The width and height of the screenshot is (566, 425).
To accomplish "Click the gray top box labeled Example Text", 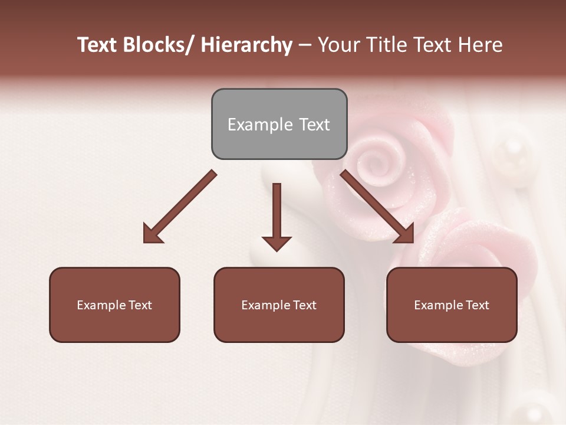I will coord(279,124).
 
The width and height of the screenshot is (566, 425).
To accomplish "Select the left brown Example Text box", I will coord(114,305).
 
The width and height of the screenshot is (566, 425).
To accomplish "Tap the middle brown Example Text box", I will coord(279,305).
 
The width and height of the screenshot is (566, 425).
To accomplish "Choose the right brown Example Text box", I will coord(452,305).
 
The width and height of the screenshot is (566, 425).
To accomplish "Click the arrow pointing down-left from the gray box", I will coord(179,207).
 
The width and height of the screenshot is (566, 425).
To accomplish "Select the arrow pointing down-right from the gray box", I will coord(377,207).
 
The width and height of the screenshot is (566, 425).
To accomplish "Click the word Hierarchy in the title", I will coord(246,45).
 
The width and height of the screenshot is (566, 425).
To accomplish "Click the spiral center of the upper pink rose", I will coord(377,158).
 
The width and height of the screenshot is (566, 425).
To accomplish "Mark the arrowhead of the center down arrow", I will coord(277,243).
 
